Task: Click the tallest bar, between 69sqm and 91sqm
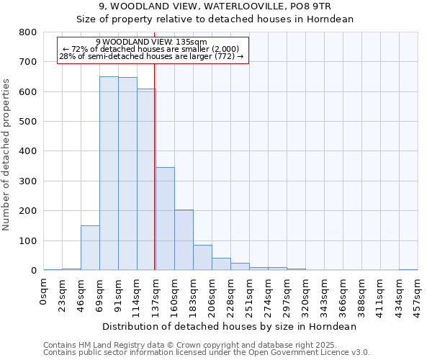pos(109,173)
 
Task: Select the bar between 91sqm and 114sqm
pos(127,174)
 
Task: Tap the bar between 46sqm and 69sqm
pos(90,248)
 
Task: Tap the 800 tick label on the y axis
pos(28,32)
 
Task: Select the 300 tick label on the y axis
pos(28,181)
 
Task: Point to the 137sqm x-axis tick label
pos(156,294)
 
